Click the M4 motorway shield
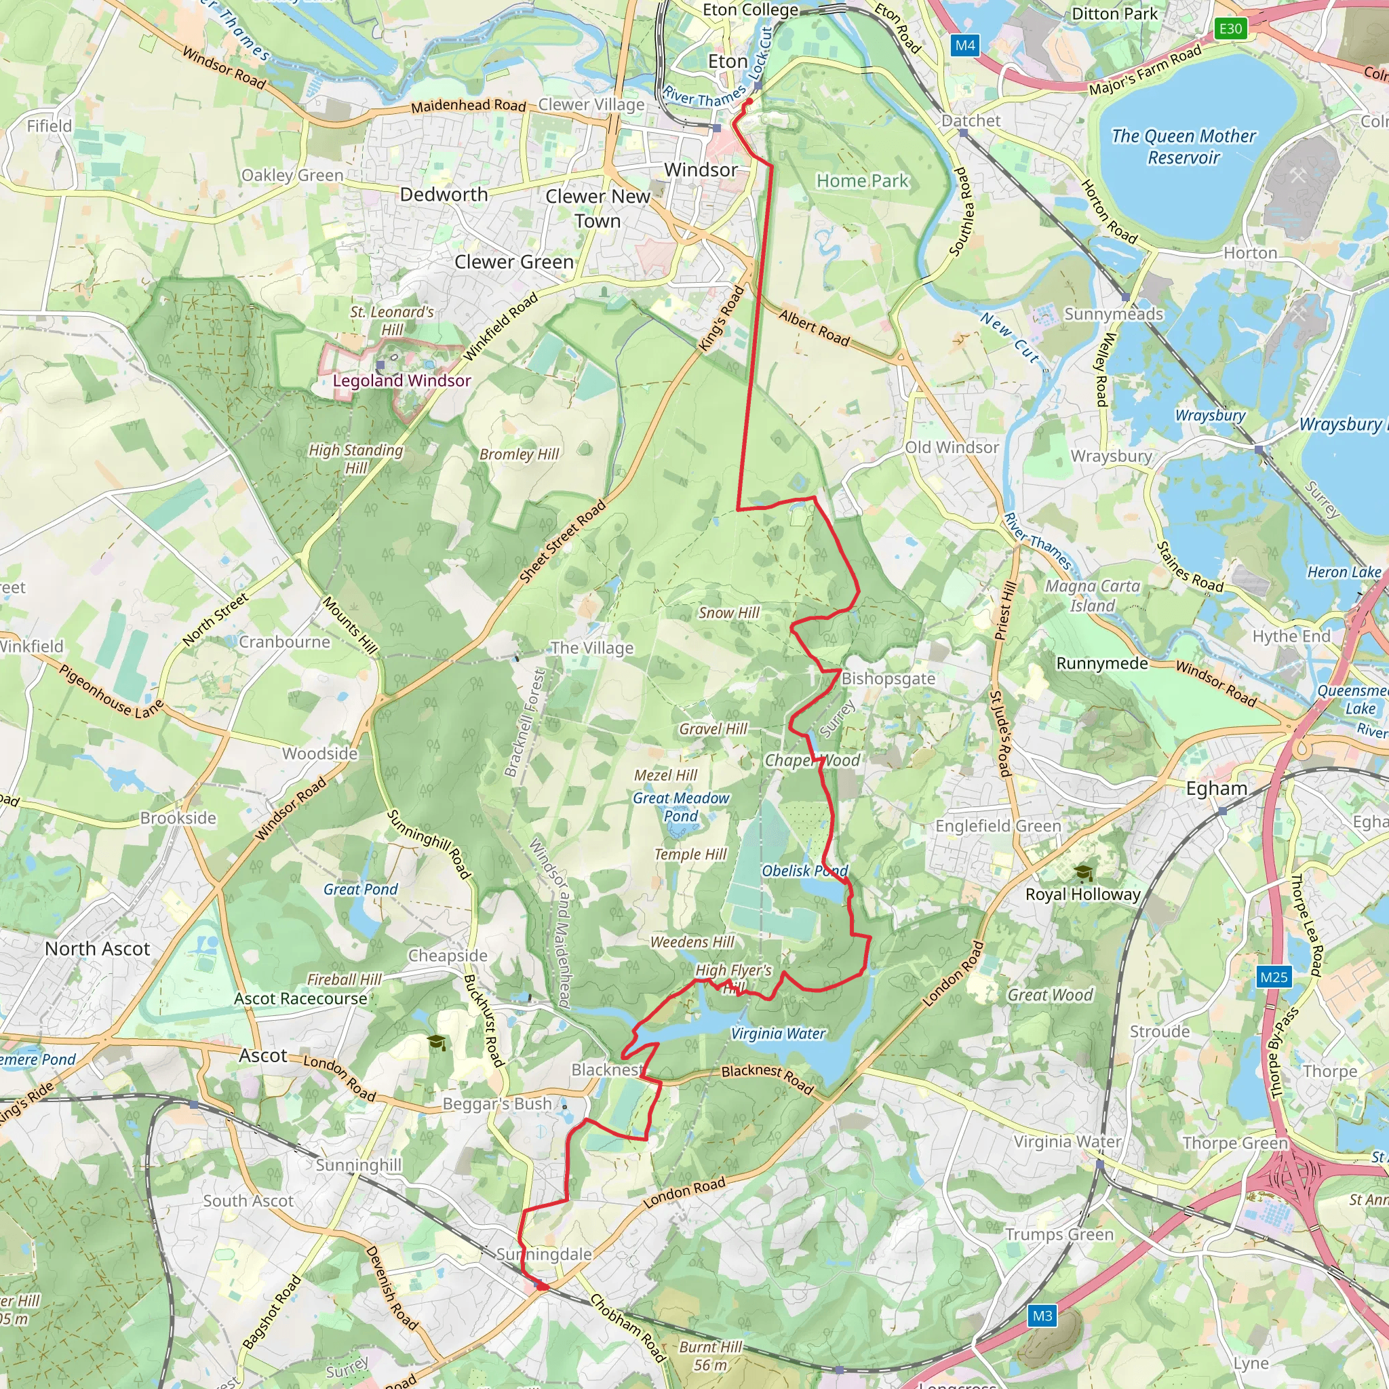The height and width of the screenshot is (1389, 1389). pyautogui.click(x=965, y=46)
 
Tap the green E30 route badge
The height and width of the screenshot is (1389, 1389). pyautogui.click(x=1230, y=28)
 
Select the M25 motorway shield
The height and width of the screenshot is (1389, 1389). pyautogui.click(x=1274, y=977)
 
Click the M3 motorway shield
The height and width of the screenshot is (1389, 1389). pyautogui.click(x=1042, y=1316)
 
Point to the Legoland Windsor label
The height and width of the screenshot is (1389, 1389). pyautogui.click(x=402, y=380)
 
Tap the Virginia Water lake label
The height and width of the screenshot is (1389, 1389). pyautogui.click(x=778, y=1033)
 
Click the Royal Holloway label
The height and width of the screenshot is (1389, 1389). pyautogui.click(x=1082, y=895)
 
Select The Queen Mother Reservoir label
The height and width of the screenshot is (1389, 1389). pyautogui.click(x=1183, y=146)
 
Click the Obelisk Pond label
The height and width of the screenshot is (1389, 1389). pyautogui.click(x=804, y=871)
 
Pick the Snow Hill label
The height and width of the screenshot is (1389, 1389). pyautogui.click(x=729, y=612)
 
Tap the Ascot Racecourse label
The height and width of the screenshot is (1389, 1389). pyautogui.click(x=300, y=998)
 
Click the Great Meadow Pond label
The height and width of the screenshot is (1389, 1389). pyautogui.click(x=681, y=806)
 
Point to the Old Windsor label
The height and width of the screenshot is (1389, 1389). pyautogui.click(x=952, y=447)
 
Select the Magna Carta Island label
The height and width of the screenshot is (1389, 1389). pyautogui.click(x=1092, y=596)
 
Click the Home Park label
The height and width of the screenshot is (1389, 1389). pyautogui.click(x=863, y=181)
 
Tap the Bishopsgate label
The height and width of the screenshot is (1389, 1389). pyautogui.click(x=888, y=679)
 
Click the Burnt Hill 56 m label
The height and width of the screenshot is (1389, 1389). pyautogui.click(x=710, y=1356)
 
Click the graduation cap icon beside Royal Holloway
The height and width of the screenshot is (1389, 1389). pyautogui.click(x=1083, y=874)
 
